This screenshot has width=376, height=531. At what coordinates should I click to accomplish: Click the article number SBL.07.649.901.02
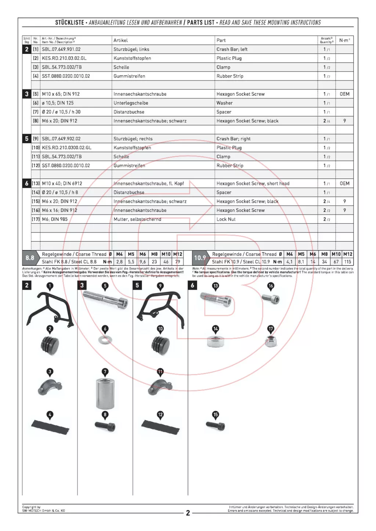click(x=61, y=49)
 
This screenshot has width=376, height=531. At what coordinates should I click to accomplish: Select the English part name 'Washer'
click(x=224, y=103)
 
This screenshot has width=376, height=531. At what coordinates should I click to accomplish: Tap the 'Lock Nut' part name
click(x=226, y=219)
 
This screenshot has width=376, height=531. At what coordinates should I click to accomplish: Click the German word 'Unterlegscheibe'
click(x=131, y=103)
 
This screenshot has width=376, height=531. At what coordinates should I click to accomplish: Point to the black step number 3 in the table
click(x=26, y=94)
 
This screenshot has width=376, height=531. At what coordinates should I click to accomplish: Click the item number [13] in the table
click(x=36, y=183)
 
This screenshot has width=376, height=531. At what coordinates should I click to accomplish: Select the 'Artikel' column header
click(x=120, y=40)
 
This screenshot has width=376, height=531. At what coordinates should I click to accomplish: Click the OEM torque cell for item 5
click(x=344, y=94)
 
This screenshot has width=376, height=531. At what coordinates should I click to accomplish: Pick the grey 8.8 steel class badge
click(x=30, y=258)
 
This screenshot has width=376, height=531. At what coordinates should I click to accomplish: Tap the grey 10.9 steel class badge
click(x=200, y=258)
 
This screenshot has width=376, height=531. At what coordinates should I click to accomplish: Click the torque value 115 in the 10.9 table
click(x=347, y=262)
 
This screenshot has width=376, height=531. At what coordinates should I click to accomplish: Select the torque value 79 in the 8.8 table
click(x=178, y=262)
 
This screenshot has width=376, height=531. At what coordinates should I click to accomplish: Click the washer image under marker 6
click(x=105, y=340)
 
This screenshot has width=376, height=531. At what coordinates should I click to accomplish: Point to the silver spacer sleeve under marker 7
click(x=105, y=394)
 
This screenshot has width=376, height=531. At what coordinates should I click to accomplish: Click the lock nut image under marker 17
click(x=271, y=341)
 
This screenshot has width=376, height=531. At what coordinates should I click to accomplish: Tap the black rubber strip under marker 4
click(x=50, y=427)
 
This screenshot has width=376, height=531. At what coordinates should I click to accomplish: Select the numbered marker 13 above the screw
click(x=216, y=286)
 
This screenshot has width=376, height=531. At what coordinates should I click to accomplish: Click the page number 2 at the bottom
click(x=188, y=513)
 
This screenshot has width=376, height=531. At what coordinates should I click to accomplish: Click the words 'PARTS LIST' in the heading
click(x=200, y=23)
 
